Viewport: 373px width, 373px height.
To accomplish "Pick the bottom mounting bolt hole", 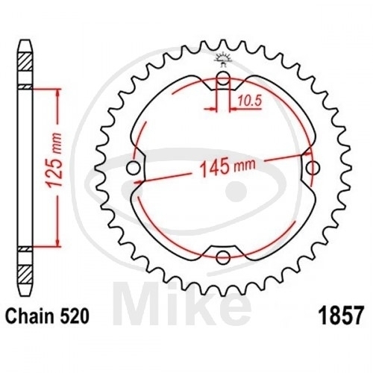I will pos(223,257).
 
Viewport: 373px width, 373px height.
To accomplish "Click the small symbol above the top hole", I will pos(223,58).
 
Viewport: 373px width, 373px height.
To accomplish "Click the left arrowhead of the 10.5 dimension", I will pos(214,110).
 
